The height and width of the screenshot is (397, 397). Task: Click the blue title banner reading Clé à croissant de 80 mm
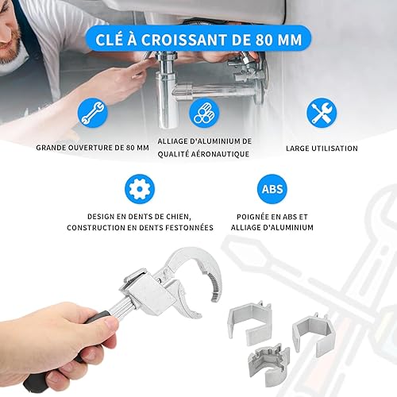[x=198, y=40]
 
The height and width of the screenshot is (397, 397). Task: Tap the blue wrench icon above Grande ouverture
[x=93, y=113]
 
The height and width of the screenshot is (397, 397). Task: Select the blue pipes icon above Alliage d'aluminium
[x=204, y=113]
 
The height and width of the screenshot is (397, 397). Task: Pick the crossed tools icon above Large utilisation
[x=322, y=113]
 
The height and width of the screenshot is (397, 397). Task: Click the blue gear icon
[x=140, y=189]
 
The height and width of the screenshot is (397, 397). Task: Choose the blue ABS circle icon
[x=272, y=189]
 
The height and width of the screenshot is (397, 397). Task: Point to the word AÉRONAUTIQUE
[x=218, y=154]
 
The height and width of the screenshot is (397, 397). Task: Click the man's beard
[x=10, y=49]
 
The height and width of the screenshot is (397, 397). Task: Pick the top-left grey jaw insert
[x=249, y=322]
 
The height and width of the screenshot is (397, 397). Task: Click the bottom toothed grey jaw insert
[x=268, y=361]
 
